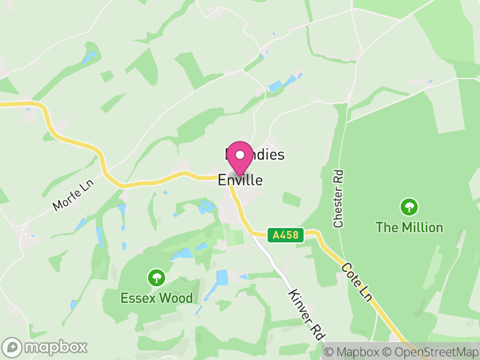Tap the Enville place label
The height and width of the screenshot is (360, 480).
click(x=240, y=180)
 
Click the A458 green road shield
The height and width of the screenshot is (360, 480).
click(x=286, y=235)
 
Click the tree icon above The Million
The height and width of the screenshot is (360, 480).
click(x=409, y=208)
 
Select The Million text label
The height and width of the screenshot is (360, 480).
click(x=409, y=227)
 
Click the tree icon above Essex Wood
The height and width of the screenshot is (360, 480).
click(x=157, y=277)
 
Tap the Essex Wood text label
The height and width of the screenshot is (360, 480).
click(x=157, y=298)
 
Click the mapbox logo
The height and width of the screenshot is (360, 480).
click(x=45, y=347)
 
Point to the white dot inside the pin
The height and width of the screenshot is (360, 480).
click(x=240, y=155)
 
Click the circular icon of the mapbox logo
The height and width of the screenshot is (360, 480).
click(x=13, y=347)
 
